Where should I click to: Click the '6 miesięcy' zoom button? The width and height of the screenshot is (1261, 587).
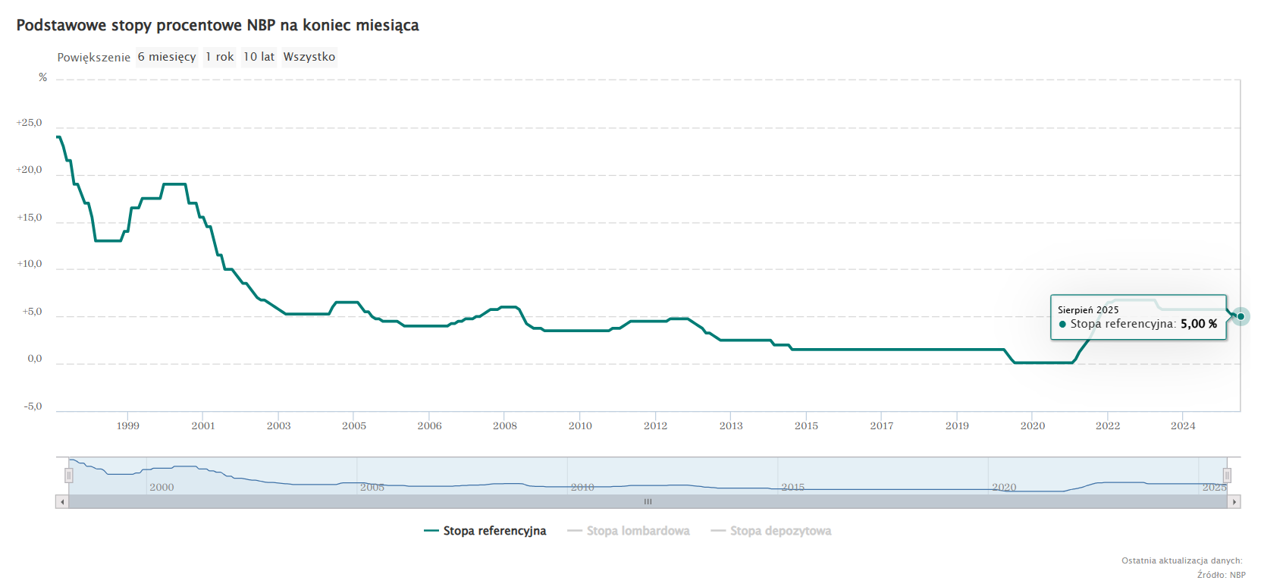pyautogui.click(x=167, y=57)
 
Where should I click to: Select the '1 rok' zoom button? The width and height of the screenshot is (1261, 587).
pyautogui.click(x=220, y=57)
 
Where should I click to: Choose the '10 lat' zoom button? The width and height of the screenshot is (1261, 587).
pyautogui.click(x=259, y=57)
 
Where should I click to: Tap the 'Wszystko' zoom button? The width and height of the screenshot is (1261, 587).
pyautogui.click(x=309, y=57)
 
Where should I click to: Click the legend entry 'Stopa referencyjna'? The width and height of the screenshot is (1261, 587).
pyautogui.click(x=485, y=531)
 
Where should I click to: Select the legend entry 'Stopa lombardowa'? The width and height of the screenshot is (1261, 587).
pyautogui.click(x=629, y=531)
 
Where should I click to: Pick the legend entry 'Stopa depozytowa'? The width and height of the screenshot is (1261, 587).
pyautogui.click(x=771, y=531)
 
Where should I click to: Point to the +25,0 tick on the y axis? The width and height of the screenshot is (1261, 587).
pyautogui.click(x=30, y=123)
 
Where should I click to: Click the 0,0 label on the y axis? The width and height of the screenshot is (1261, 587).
pyautogui.click(x=35, y=359)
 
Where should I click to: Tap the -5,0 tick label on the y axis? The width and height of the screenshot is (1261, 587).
pyautogui.click(x=33, y=407)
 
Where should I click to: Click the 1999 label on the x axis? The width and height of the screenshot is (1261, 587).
pyautogui.click(x=128, y=426)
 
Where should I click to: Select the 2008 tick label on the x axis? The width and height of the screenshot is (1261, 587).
pyautogui.click(x=505, y=426)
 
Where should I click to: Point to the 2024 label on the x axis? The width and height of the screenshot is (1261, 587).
pyautogui.click(x=1183, y=426)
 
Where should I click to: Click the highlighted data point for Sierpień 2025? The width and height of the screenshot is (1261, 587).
pyautogui.click(x=1241, y=316)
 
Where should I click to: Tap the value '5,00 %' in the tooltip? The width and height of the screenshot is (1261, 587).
pyautogui.click(x=1199, y=324)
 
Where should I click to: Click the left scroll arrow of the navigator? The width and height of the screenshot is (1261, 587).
pyautogui.click(x=62, y=502)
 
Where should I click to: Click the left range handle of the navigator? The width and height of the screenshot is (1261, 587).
pyautogui.click(x=69, y=476)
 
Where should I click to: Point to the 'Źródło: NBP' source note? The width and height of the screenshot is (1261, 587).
pyautogui.click(x=1221, y=575)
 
